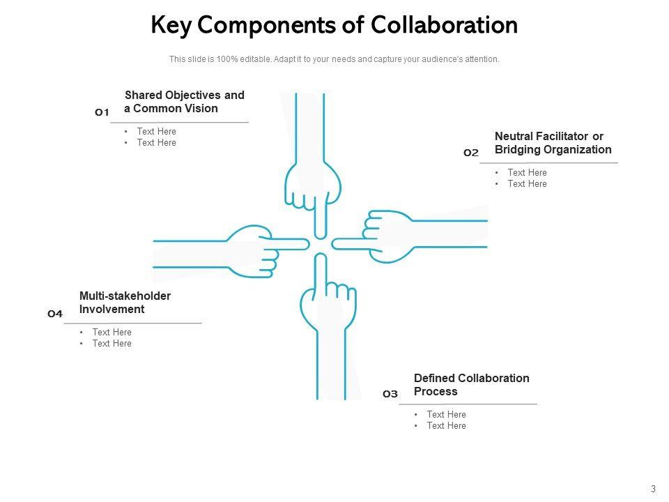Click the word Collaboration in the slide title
point(444,25)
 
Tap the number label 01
point(102,112)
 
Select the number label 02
point(471,153)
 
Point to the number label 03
point(390,395)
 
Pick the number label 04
point(55,314)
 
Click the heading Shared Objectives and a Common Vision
point(184,102)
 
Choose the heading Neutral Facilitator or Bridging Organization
point(553,143)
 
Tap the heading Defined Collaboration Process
point(471,385)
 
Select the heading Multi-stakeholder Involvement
point(125,303)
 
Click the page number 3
point(654,489)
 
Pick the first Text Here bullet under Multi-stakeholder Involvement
point(111,333)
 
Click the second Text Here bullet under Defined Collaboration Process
point(446,426)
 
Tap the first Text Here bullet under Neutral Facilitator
point(527,173)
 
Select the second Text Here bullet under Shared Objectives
point(156,143)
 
